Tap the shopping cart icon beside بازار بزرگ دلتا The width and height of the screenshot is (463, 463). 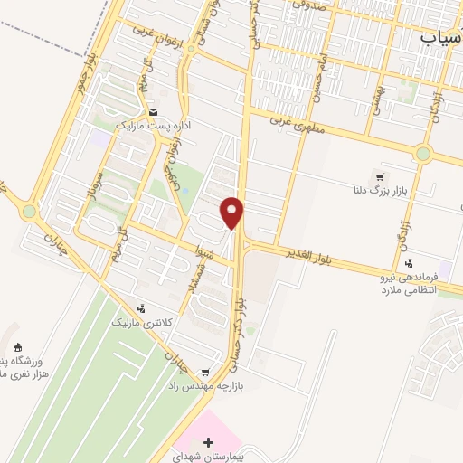coord(379,176)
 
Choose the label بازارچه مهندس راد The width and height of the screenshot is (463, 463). coord(204,385)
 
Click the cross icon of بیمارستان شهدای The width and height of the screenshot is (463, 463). coord(210,443)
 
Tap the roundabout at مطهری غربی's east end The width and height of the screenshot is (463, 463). coord(422,153)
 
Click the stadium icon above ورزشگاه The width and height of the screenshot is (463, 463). coord(16,347)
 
